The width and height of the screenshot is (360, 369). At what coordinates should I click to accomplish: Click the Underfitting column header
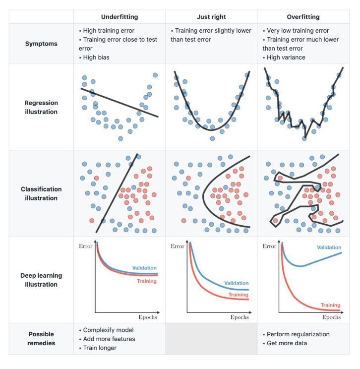pyautogui.click(x=120, y=17)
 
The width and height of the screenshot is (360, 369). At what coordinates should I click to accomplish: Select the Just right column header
pyautogui.click(x=211, y=17)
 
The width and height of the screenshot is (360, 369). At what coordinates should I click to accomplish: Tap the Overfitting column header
pyautogui.click(x=303, y=17)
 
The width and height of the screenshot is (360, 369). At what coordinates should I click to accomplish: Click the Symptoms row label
pyautogui.click(x=41, y=44)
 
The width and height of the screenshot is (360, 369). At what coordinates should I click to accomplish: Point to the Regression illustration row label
pyautogui.click(x=41, y=107)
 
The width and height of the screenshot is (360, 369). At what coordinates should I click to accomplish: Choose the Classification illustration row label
pyautogui.click(x=41, y=193)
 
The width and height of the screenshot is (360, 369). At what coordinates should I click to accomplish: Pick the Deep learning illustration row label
pyautogui.click(x=41, y=280)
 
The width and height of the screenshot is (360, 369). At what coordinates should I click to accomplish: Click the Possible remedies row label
pyautogui.click(x=41, y=338)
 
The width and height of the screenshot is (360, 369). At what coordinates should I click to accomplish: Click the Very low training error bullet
pyautogui.click(x=298, y=31)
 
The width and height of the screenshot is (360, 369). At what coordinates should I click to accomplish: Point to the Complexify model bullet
pyautogui.click(x=106, y=330)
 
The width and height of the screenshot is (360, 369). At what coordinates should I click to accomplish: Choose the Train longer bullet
pyautogui.click(x=99, y=348)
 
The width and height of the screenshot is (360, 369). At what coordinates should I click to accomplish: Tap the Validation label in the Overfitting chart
pyautogui.click(x=329, y=247)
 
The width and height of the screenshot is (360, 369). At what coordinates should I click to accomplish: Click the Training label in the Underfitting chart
pyautogui.click(x=146, y=281)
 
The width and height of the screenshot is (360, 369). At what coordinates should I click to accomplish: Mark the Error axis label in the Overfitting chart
pyautogui.click(x=269, y=246)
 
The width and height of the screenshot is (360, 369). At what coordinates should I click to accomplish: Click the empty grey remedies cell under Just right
pyautogui.click(x=211, y=339)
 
